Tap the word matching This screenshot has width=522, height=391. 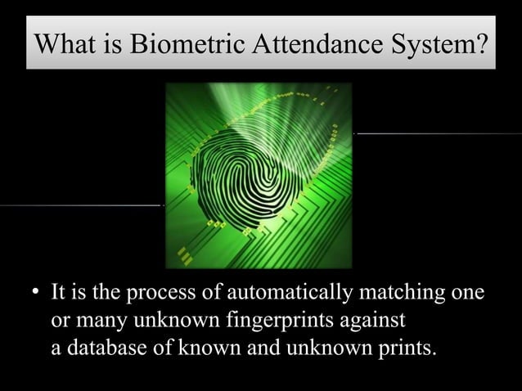click(x=409, y=292)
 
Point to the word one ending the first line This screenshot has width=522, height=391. click(x=468, y=292)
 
